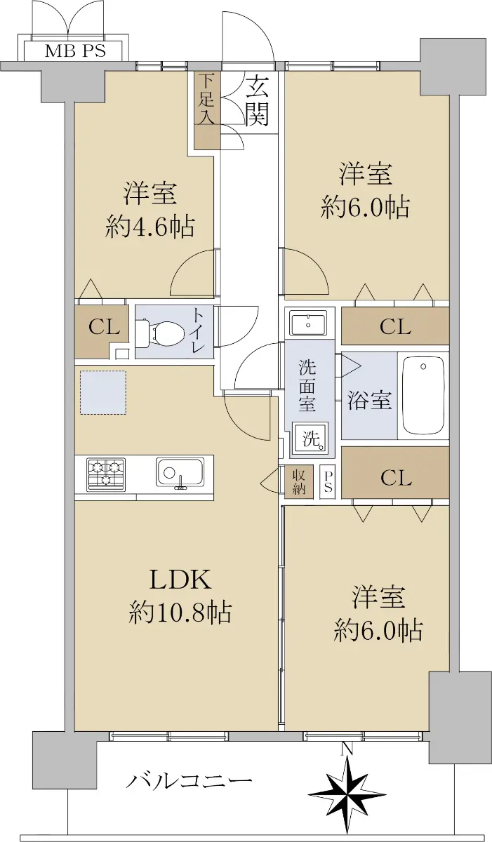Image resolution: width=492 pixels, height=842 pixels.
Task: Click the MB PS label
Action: point(75,51)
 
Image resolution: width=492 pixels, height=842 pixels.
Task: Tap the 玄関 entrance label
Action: point(258,100)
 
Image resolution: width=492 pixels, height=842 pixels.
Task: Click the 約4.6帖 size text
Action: point(149,227)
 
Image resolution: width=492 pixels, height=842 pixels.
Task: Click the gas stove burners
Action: point(107,474)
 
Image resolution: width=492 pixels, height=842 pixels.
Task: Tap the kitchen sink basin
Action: point(180,474)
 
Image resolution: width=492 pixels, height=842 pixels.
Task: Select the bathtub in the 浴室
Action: point(424,395)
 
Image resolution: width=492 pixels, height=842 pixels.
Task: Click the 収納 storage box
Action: point(299,482)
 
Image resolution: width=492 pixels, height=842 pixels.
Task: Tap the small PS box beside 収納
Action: point(328,482)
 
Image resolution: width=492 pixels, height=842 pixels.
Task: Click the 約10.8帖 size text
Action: point(180,612)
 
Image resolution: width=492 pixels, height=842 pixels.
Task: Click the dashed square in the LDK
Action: point(103,392)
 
